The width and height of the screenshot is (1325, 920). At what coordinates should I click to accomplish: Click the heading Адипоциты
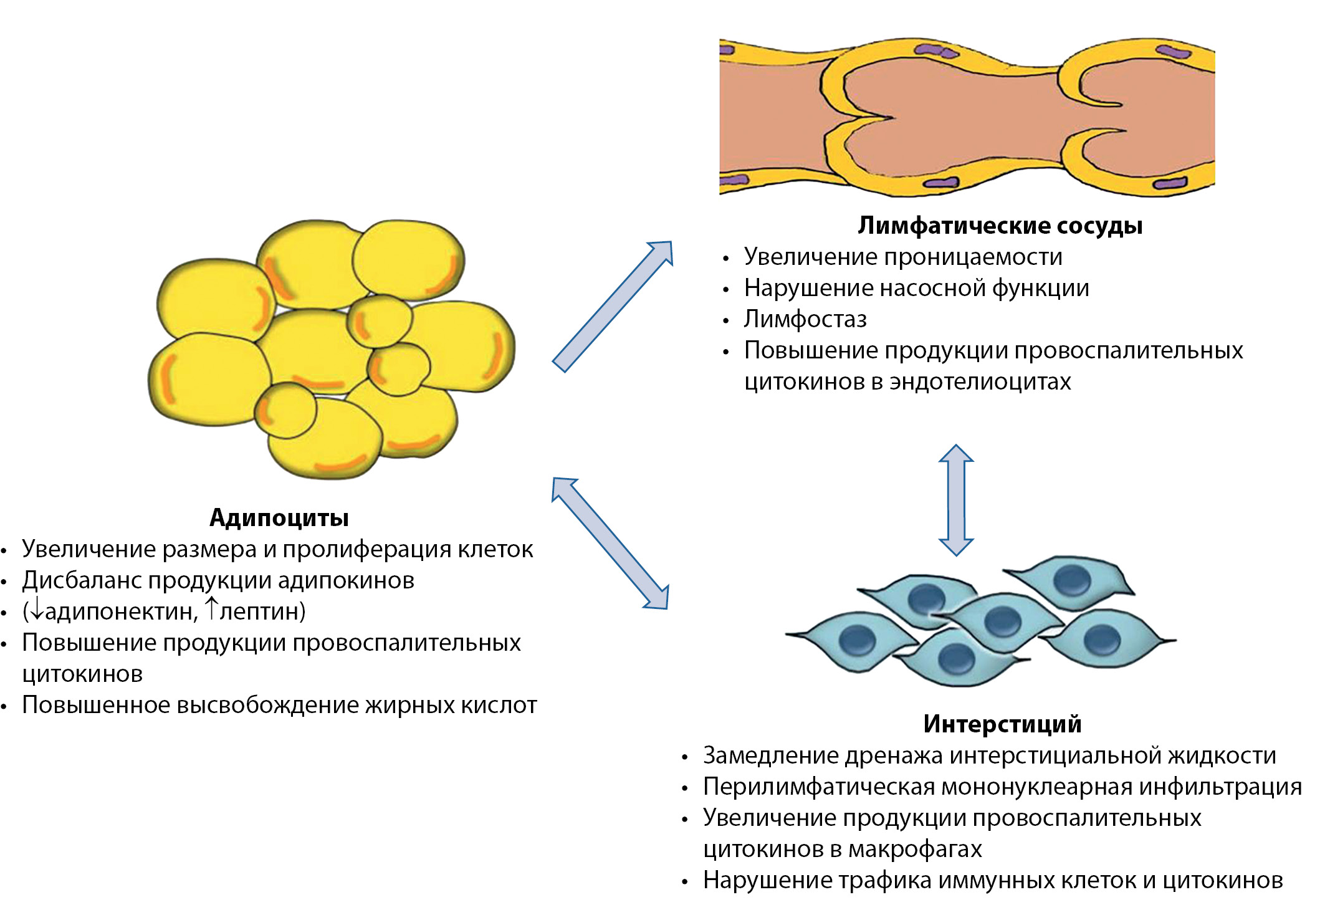click(279, 518)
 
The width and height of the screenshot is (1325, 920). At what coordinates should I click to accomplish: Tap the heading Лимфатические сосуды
click(1000, 226)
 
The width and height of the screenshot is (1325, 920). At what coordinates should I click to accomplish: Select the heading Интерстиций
click(1002, 724)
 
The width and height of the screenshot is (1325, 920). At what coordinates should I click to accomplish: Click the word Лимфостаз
click(805, 319)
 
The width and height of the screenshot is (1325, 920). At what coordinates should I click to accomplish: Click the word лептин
click(259, 612)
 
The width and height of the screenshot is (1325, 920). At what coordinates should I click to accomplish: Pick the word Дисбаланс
click(81, 580)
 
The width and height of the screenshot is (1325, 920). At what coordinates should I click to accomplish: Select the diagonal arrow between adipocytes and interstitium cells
click(610, 543)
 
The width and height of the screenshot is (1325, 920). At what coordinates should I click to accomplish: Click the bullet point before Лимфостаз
click(725, 321)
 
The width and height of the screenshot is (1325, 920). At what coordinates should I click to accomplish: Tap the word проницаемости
click(973, 257)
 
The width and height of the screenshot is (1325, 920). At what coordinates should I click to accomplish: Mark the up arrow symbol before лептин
click(212, 608)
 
